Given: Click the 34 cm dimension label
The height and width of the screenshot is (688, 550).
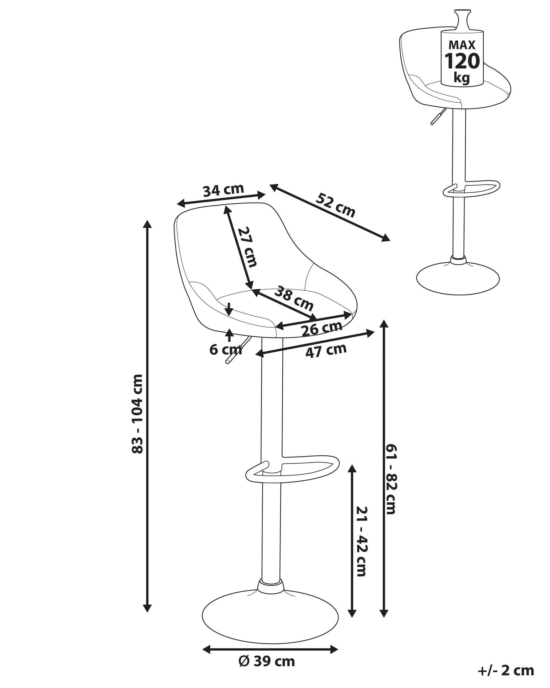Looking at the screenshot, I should tap(223, 190).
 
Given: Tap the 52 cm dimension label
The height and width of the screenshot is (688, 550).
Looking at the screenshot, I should tap(335, 205).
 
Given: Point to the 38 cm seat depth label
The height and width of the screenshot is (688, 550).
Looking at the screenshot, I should tap(294, 298).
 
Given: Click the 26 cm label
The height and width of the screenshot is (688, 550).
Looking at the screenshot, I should tap(322, 328).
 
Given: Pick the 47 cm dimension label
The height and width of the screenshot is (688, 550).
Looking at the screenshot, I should tap(326, 351).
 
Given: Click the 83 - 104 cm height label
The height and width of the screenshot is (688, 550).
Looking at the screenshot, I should tap(138, 414).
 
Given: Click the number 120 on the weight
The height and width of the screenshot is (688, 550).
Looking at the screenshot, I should tap(462, 61).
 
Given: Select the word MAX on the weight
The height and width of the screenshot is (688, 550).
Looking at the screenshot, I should tap(462, 45).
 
